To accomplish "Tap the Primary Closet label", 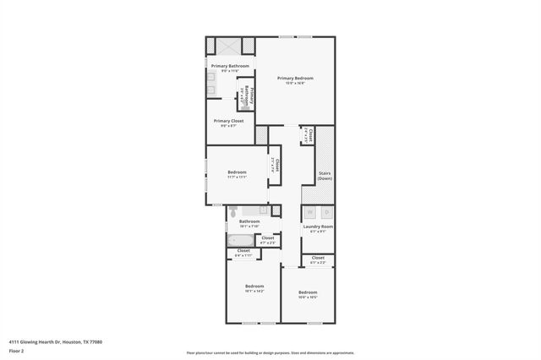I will click(228, 121).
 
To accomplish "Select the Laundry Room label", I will click(318, 226).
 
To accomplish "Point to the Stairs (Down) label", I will click(325, 176).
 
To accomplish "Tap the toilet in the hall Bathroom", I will click(264, 210).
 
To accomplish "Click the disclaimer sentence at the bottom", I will click(270, 353).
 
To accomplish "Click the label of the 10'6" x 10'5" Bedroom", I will click(308, 292).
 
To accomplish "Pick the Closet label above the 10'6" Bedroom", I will click(318, 258).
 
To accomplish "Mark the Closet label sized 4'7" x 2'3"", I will click(267, 238).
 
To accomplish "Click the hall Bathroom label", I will click(249, 221).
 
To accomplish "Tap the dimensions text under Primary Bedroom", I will click(294, 83).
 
